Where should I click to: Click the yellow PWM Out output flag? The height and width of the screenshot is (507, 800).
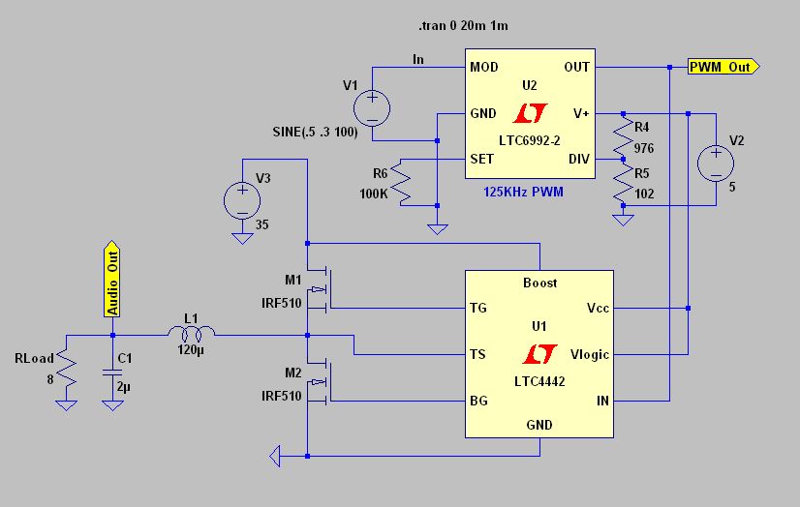pyautogui.click(x=723, y=67)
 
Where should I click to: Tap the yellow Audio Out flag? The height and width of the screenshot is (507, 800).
pyautogui.click(x=112, y=280)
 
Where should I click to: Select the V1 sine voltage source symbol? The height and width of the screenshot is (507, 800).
pyautogui.click(x=372, y=108)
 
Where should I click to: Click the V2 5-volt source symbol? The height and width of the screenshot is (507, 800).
pyautogui.click(x=716, y=164)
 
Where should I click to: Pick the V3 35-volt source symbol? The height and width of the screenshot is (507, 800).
pyautogui.click(x=242, y=200)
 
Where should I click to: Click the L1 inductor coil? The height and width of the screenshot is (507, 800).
pyautogui.click(x=192, y=334)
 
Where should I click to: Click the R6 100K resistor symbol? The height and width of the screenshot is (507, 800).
pyautogui.click(x=401, y=183)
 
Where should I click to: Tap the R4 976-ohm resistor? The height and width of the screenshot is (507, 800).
pyautogui.click(x=623, y=136)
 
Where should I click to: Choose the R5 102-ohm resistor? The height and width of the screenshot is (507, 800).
pyautogui.click(x=623, y=182)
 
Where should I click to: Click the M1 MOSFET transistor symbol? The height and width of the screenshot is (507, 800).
pyautogui.click(x=319, y=289)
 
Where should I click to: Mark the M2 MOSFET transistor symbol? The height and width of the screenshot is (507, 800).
pyautogui.click(x=319, y=381)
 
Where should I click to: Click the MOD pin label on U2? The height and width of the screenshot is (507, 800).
pyautogui.click(x=483, y=68)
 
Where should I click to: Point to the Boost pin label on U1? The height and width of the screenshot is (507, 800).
pyautogui.click(x=539, y=283)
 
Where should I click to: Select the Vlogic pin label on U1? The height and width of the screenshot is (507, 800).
pyautogui.click(x=589, y=355)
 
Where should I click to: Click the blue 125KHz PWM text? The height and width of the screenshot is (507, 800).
pyautogui.click(x=523, y=193)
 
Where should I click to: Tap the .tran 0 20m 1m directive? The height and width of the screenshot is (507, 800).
pyautogui.click(x=463, y=25)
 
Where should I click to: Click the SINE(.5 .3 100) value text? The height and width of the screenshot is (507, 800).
pyautogui.click(x=316, y=132)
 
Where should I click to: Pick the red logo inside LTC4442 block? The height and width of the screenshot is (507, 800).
pyautogui.click(x=539, y=354)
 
